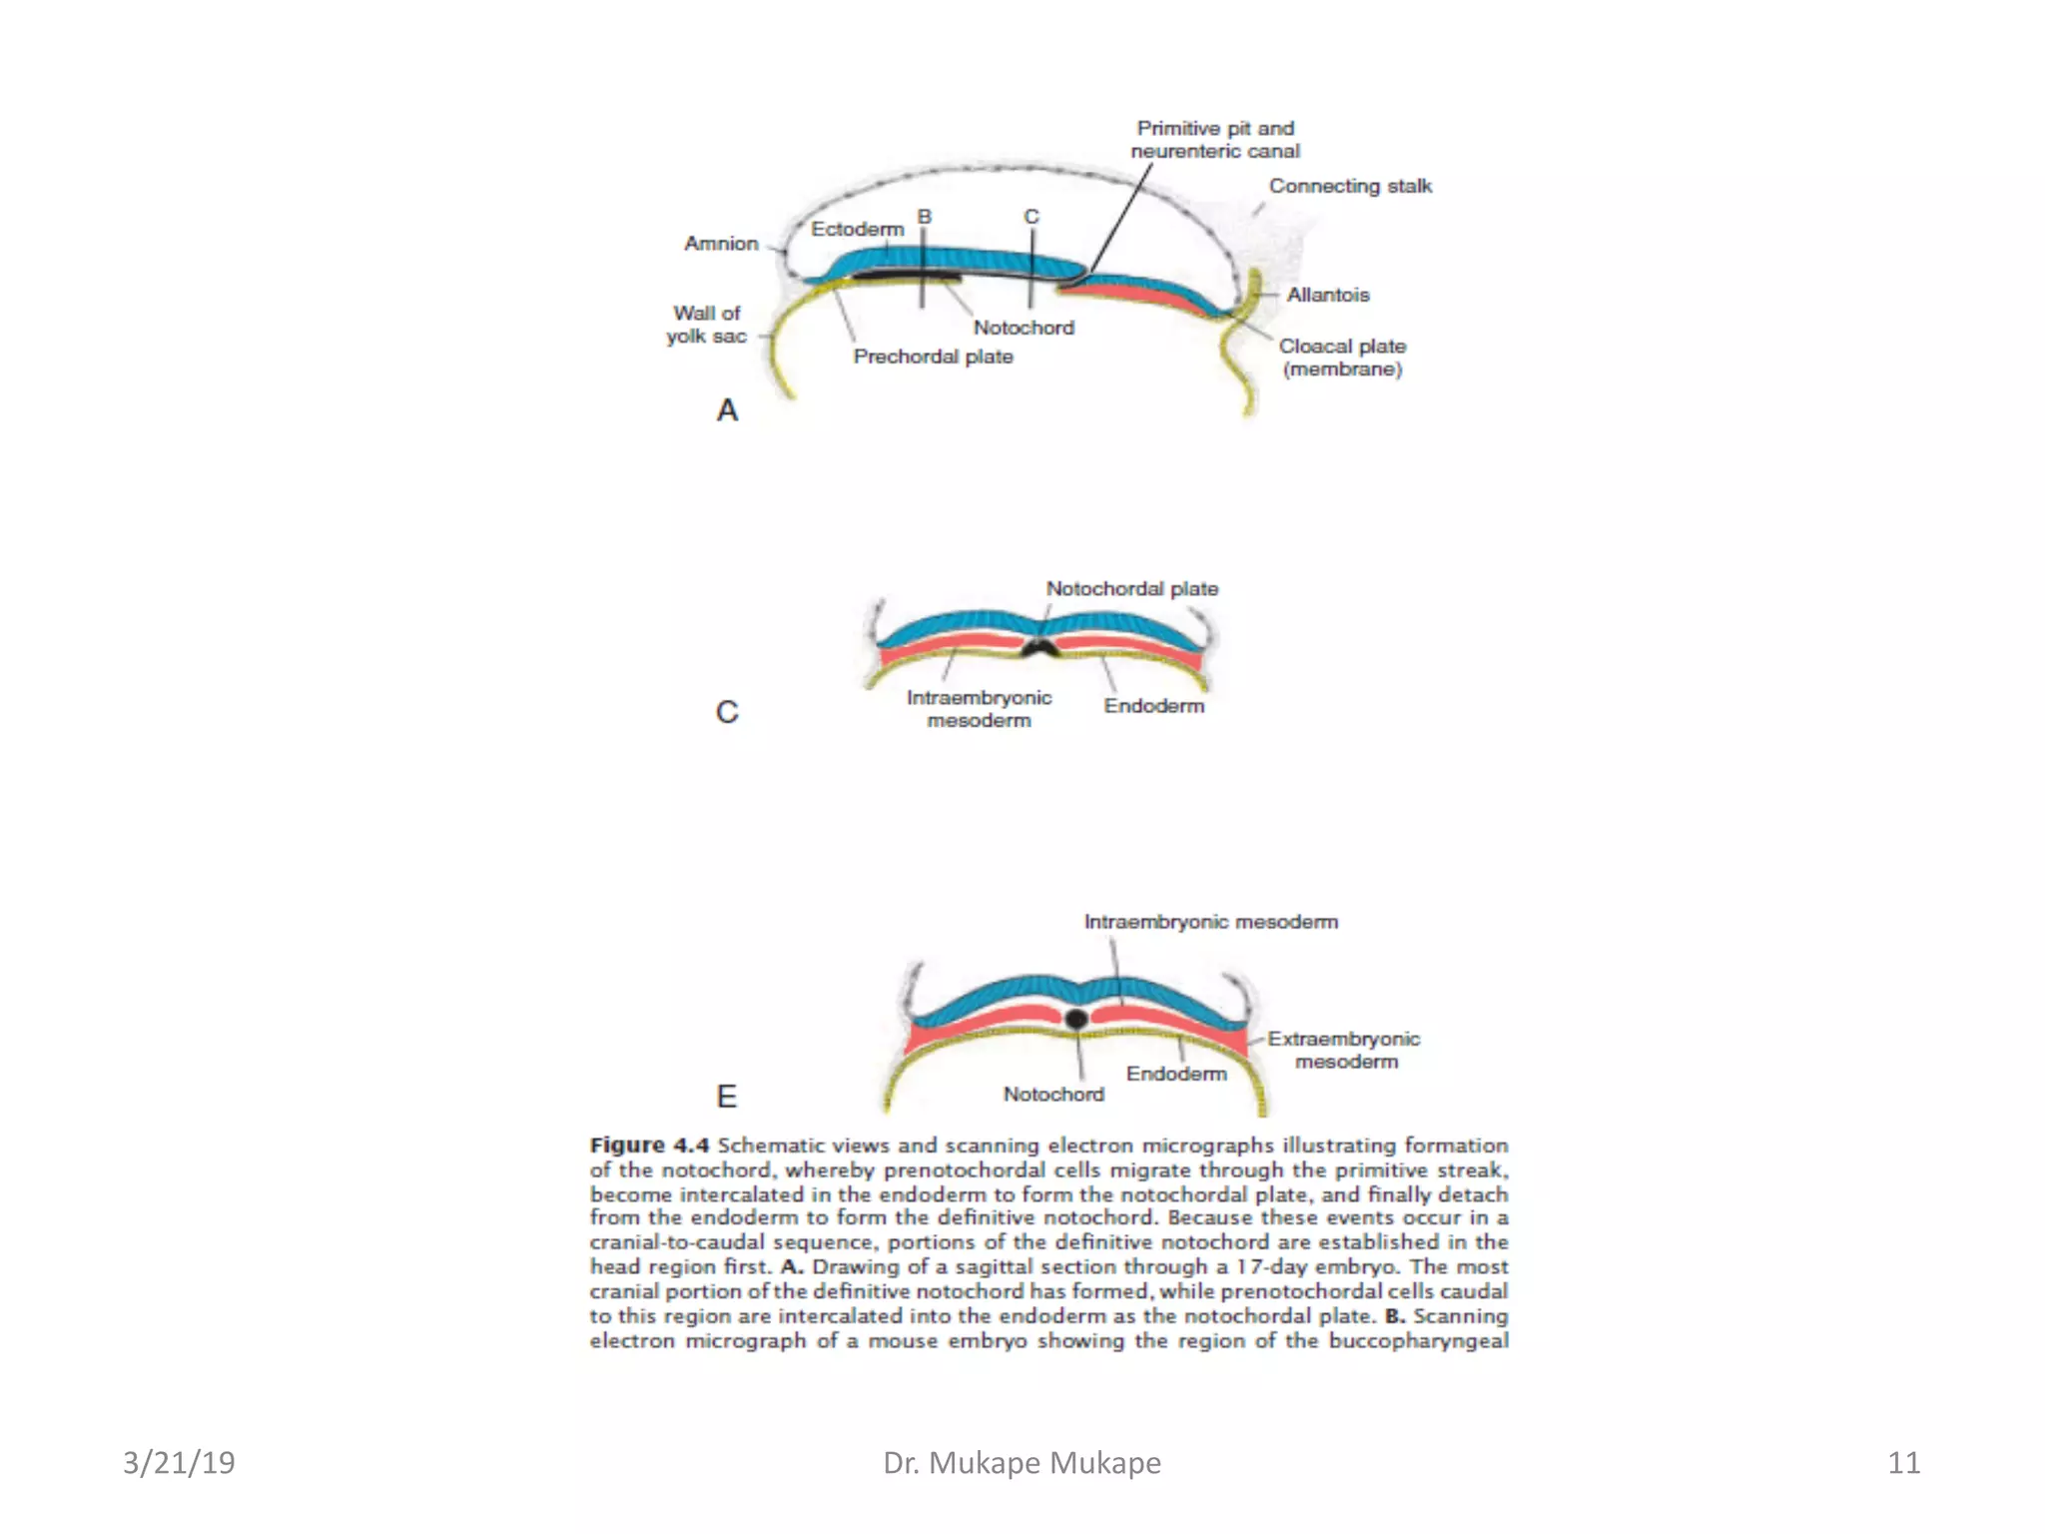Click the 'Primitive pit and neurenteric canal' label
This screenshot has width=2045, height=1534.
pos(1215,140)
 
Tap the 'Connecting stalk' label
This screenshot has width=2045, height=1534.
pos(1350,186)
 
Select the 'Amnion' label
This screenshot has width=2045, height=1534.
pos(721,244)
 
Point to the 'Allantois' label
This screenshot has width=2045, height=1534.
pos(1327,295)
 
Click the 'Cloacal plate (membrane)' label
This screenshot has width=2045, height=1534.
pos(1342,358)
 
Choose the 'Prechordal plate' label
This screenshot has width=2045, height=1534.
pos(933,357)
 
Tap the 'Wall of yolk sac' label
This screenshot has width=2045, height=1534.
pos(707,325)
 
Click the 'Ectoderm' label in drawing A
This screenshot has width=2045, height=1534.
pos(857,230)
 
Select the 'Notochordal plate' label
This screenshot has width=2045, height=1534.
pos(1131,589)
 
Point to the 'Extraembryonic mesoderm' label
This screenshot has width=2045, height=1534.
pos(1344,1050)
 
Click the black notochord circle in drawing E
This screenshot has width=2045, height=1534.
pos(1075,1019)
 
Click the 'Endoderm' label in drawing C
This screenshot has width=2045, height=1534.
pos(1153,706)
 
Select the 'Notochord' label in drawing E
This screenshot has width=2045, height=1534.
pos(1053,1095)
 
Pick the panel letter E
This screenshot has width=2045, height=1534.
pos(727,1097)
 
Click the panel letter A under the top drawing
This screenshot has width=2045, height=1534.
pos(727,410)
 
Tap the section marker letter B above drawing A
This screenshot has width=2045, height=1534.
pos(925,217)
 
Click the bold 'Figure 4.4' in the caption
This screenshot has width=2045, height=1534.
pos(649,1146)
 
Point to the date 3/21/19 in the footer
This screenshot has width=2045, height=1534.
pos(179,1463)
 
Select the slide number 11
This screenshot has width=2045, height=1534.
pos(1903,1463)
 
